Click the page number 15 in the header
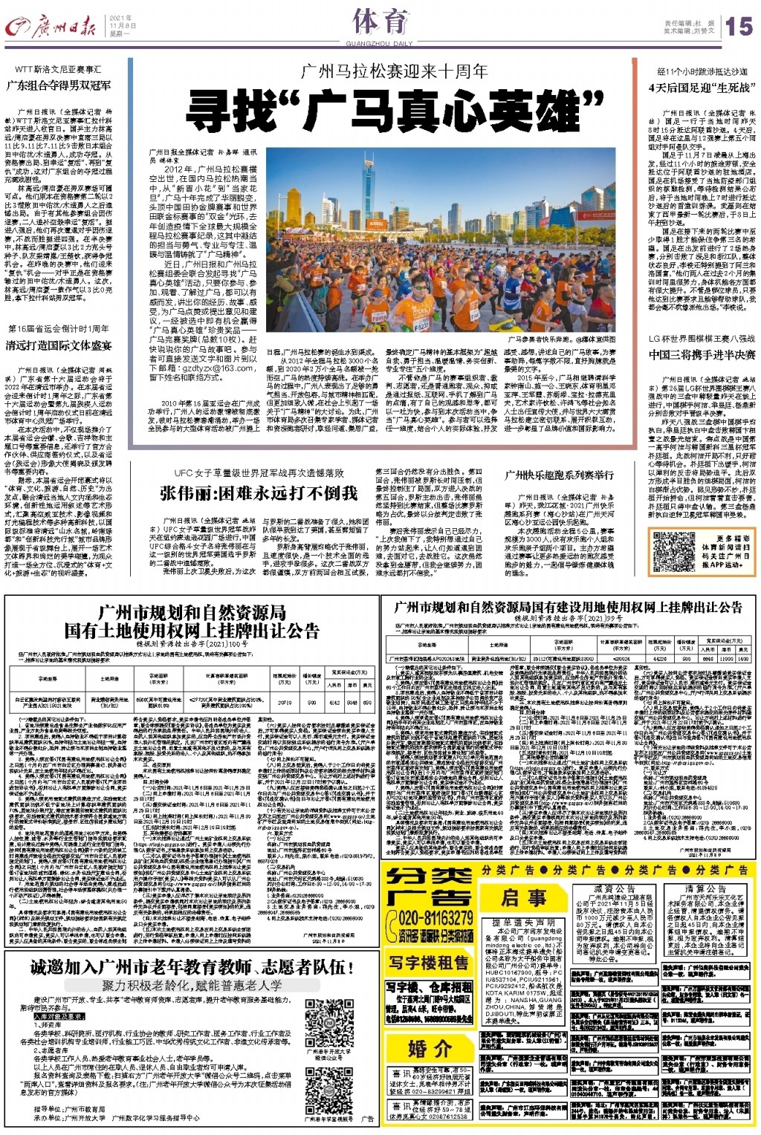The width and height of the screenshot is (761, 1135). (739, 27)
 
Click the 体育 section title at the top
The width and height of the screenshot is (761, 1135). (380, 22)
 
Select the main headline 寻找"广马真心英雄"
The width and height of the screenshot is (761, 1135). (394, 113)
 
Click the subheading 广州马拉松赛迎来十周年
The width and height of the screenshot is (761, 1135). (394, 72)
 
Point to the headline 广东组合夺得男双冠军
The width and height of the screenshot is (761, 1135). (59, 85)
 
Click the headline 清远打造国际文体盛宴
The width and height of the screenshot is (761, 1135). (59, 345)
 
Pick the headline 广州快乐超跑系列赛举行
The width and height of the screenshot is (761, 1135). (560, 475)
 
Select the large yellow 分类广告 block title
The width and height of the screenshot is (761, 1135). (430, 885)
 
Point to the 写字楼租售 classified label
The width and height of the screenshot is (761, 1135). (430, 963)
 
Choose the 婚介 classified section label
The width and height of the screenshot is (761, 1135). (430, 1048)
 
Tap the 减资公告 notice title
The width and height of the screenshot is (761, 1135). (615, 889)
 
